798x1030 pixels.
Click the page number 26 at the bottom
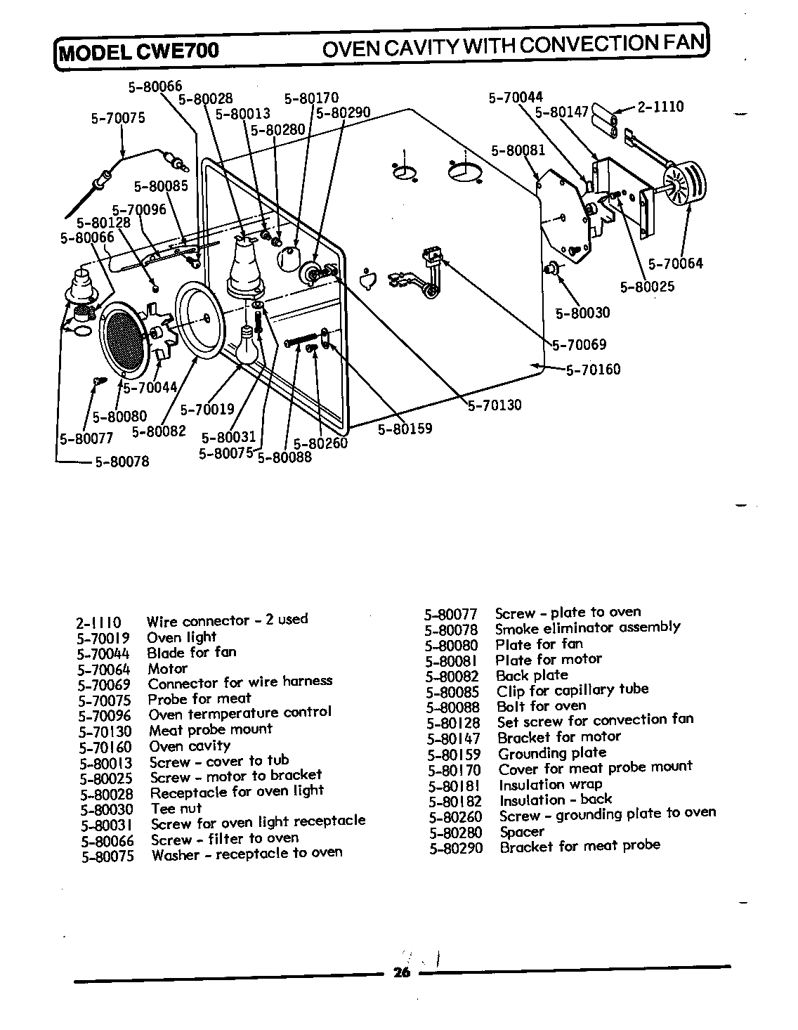click(x=401, y=972)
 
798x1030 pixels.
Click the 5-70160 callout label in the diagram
click(x=593, y=370)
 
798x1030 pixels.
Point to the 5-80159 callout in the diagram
click(x=405, y=428)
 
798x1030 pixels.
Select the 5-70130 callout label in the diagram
click(x=495, y=405)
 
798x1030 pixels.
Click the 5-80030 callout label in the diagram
click(x=582, y=313)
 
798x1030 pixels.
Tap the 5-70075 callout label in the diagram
click(x=118, y=118)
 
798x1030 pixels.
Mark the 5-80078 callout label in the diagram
click(x=122, y=462)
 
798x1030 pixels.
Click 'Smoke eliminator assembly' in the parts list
click(x=587, y=627)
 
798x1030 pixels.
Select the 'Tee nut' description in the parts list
click(x=176, y=808)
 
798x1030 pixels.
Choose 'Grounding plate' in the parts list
click(x=551, y=753)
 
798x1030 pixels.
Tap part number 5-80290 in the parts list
click(x=456, y=848)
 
